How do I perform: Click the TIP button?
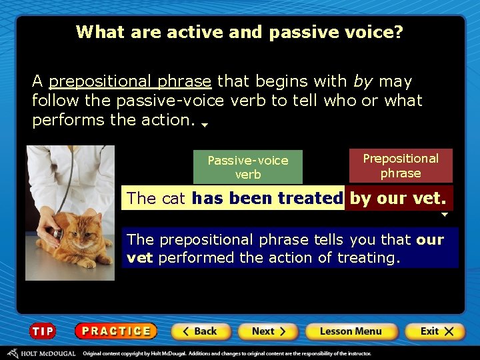point(43,331)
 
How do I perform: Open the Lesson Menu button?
point(351,331)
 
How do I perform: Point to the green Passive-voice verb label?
point(248,167)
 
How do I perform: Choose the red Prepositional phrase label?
point(400,166)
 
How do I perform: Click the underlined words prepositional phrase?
point(130,82)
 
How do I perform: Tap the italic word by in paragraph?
point(363,82)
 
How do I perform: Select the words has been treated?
point(267,198)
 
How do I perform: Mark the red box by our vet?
point(398,198)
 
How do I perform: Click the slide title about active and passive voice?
point(239,32)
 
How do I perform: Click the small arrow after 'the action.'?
point(205,125)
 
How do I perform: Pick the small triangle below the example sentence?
point(445,215)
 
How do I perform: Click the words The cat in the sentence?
point(157,198)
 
